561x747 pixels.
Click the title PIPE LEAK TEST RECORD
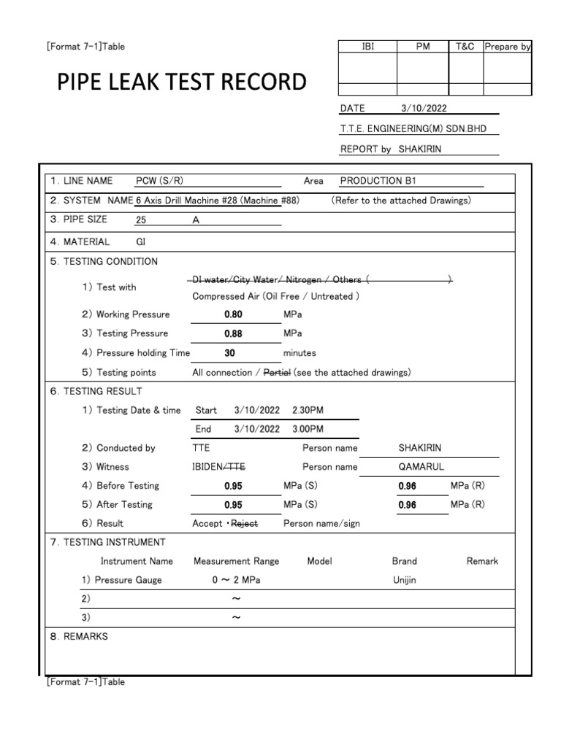click(182, 82)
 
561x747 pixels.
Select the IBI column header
click(367, 46)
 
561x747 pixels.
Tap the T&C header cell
click(465, 46)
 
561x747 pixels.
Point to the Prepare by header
click(507, 46)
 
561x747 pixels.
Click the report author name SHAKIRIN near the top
click(420, 149)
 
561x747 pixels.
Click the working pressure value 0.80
click(234, 314)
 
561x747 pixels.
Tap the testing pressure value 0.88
click(234, 333)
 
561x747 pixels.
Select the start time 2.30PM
click(308, 410)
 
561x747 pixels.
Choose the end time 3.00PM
click(308, 429)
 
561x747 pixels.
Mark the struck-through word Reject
click(245, 523)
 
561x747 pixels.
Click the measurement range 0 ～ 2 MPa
click(236, 580)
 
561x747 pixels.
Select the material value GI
click(141, 241)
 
